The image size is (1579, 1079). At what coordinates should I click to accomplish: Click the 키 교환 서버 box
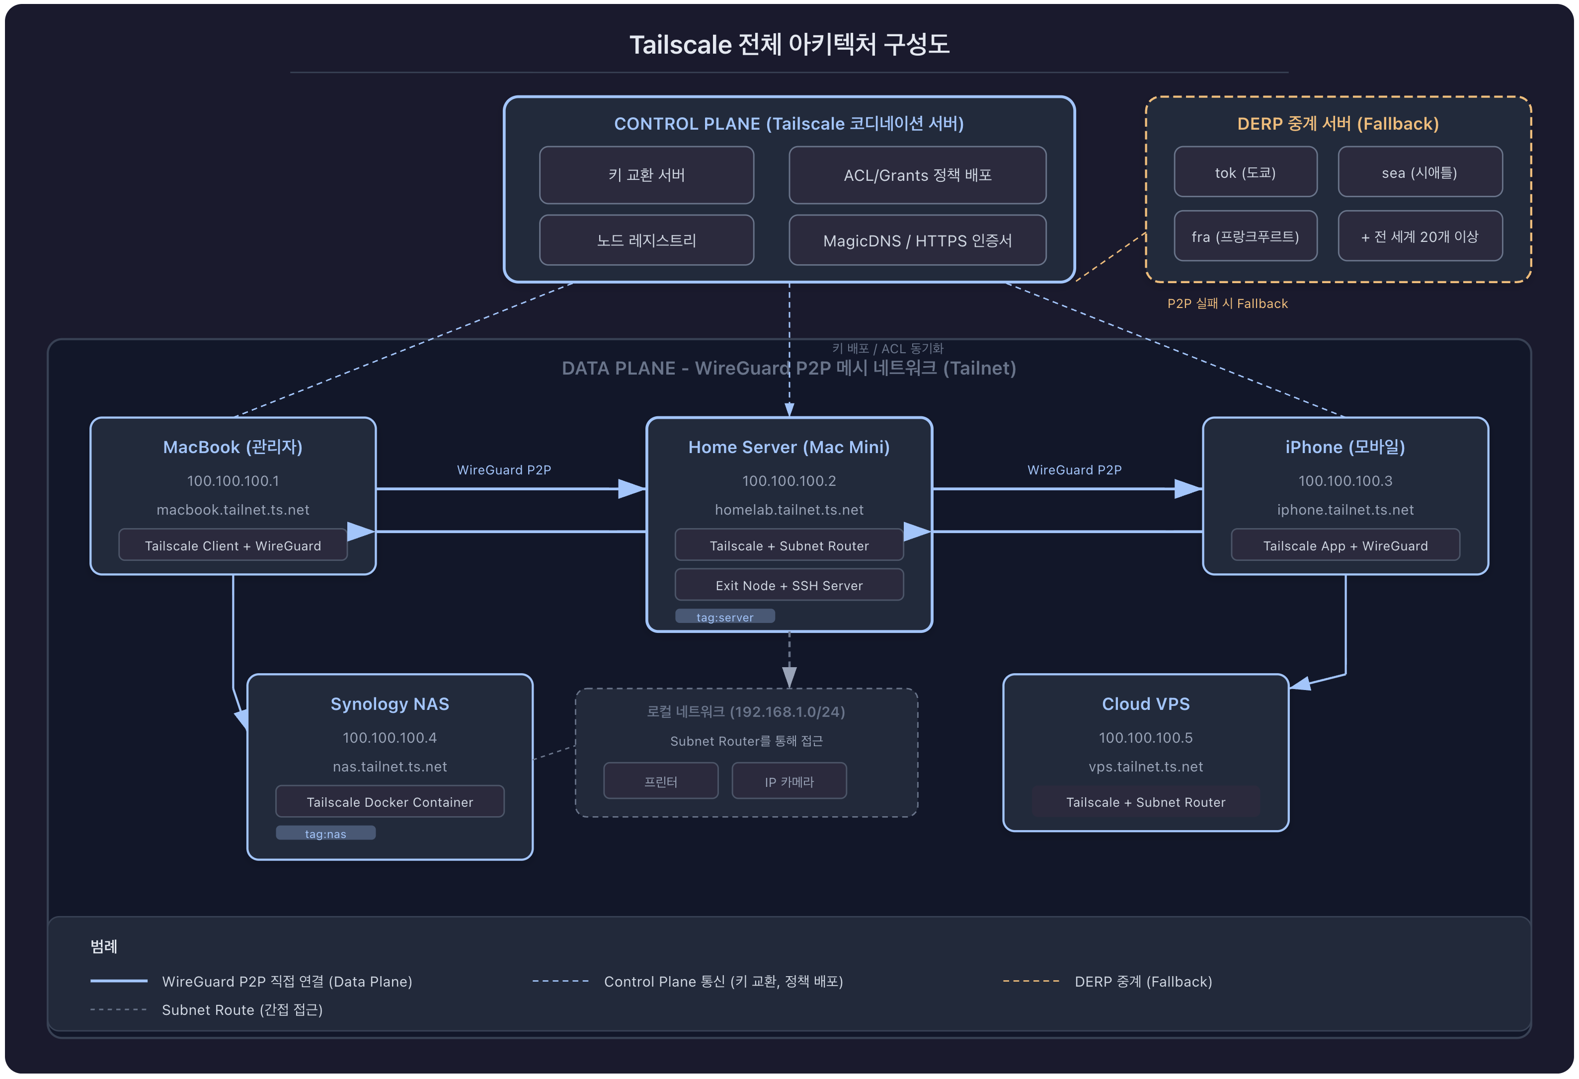point(646,175)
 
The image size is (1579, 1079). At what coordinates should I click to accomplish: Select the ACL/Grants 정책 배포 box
point(917,175)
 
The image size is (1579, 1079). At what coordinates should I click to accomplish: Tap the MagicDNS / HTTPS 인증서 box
point(917,240)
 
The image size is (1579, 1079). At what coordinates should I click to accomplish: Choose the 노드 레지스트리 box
point(646,240)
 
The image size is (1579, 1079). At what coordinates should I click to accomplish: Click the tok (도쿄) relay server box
point(1245,172)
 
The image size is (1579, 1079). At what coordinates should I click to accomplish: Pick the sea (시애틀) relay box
point(1420,172)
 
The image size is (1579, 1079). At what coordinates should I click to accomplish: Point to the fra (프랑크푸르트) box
point(1245,236)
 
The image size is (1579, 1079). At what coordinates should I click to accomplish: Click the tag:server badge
point(724,617)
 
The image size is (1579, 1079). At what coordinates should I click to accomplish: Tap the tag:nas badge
point(325,834)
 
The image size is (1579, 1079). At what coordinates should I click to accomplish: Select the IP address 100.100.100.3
point(1344,481)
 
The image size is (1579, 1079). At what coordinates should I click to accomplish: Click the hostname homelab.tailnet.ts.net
point(789,510)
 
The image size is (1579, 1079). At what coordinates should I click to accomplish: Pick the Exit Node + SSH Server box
point(789,586)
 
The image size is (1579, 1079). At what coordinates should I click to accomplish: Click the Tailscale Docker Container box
point(390,802)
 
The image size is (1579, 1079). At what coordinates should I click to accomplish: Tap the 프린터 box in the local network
point(660,781)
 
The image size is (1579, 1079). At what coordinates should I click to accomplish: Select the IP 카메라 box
point(789,781)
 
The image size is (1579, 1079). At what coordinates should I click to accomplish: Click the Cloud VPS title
point(1146,704)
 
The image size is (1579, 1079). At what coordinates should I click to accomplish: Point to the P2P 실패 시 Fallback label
point(1227,304)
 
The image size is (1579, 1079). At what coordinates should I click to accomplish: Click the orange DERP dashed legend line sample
point(1030,981)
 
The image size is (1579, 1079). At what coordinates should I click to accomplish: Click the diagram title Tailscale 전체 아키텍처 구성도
point(789,45)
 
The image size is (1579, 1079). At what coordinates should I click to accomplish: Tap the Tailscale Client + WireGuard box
point(233,545)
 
